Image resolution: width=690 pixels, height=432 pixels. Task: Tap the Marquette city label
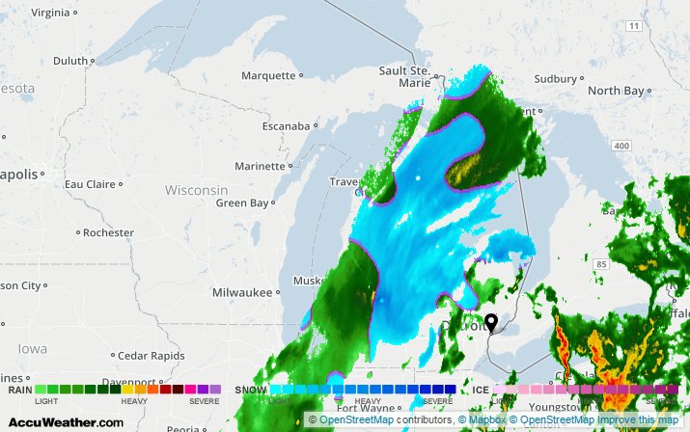coord(268,75)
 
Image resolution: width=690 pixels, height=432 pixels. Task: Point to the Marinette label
coord(261,166)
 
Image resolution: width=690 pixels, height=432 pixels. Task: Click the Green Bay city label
coord(241,202)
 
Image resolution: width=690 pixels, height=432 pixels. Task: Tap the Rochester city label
coord(108,232)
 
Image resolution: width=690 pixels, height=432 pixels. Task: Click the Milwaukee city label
coord(242,292)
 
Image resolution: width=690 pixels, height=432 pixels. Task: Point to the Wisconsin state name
coord(196,190)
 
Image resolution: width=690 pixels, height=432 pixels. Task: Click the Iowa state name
coord(31,348)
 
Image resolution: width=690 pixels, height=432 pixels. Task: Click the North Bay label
coord(616,91)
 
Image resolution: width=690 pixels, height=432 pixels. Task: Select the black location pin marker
coord(490,323)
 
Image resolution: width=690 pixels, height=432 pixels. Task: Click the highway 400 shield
coord(621,146)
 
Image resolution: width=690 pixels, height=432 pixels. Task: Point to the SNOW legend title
coord(251,391)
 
